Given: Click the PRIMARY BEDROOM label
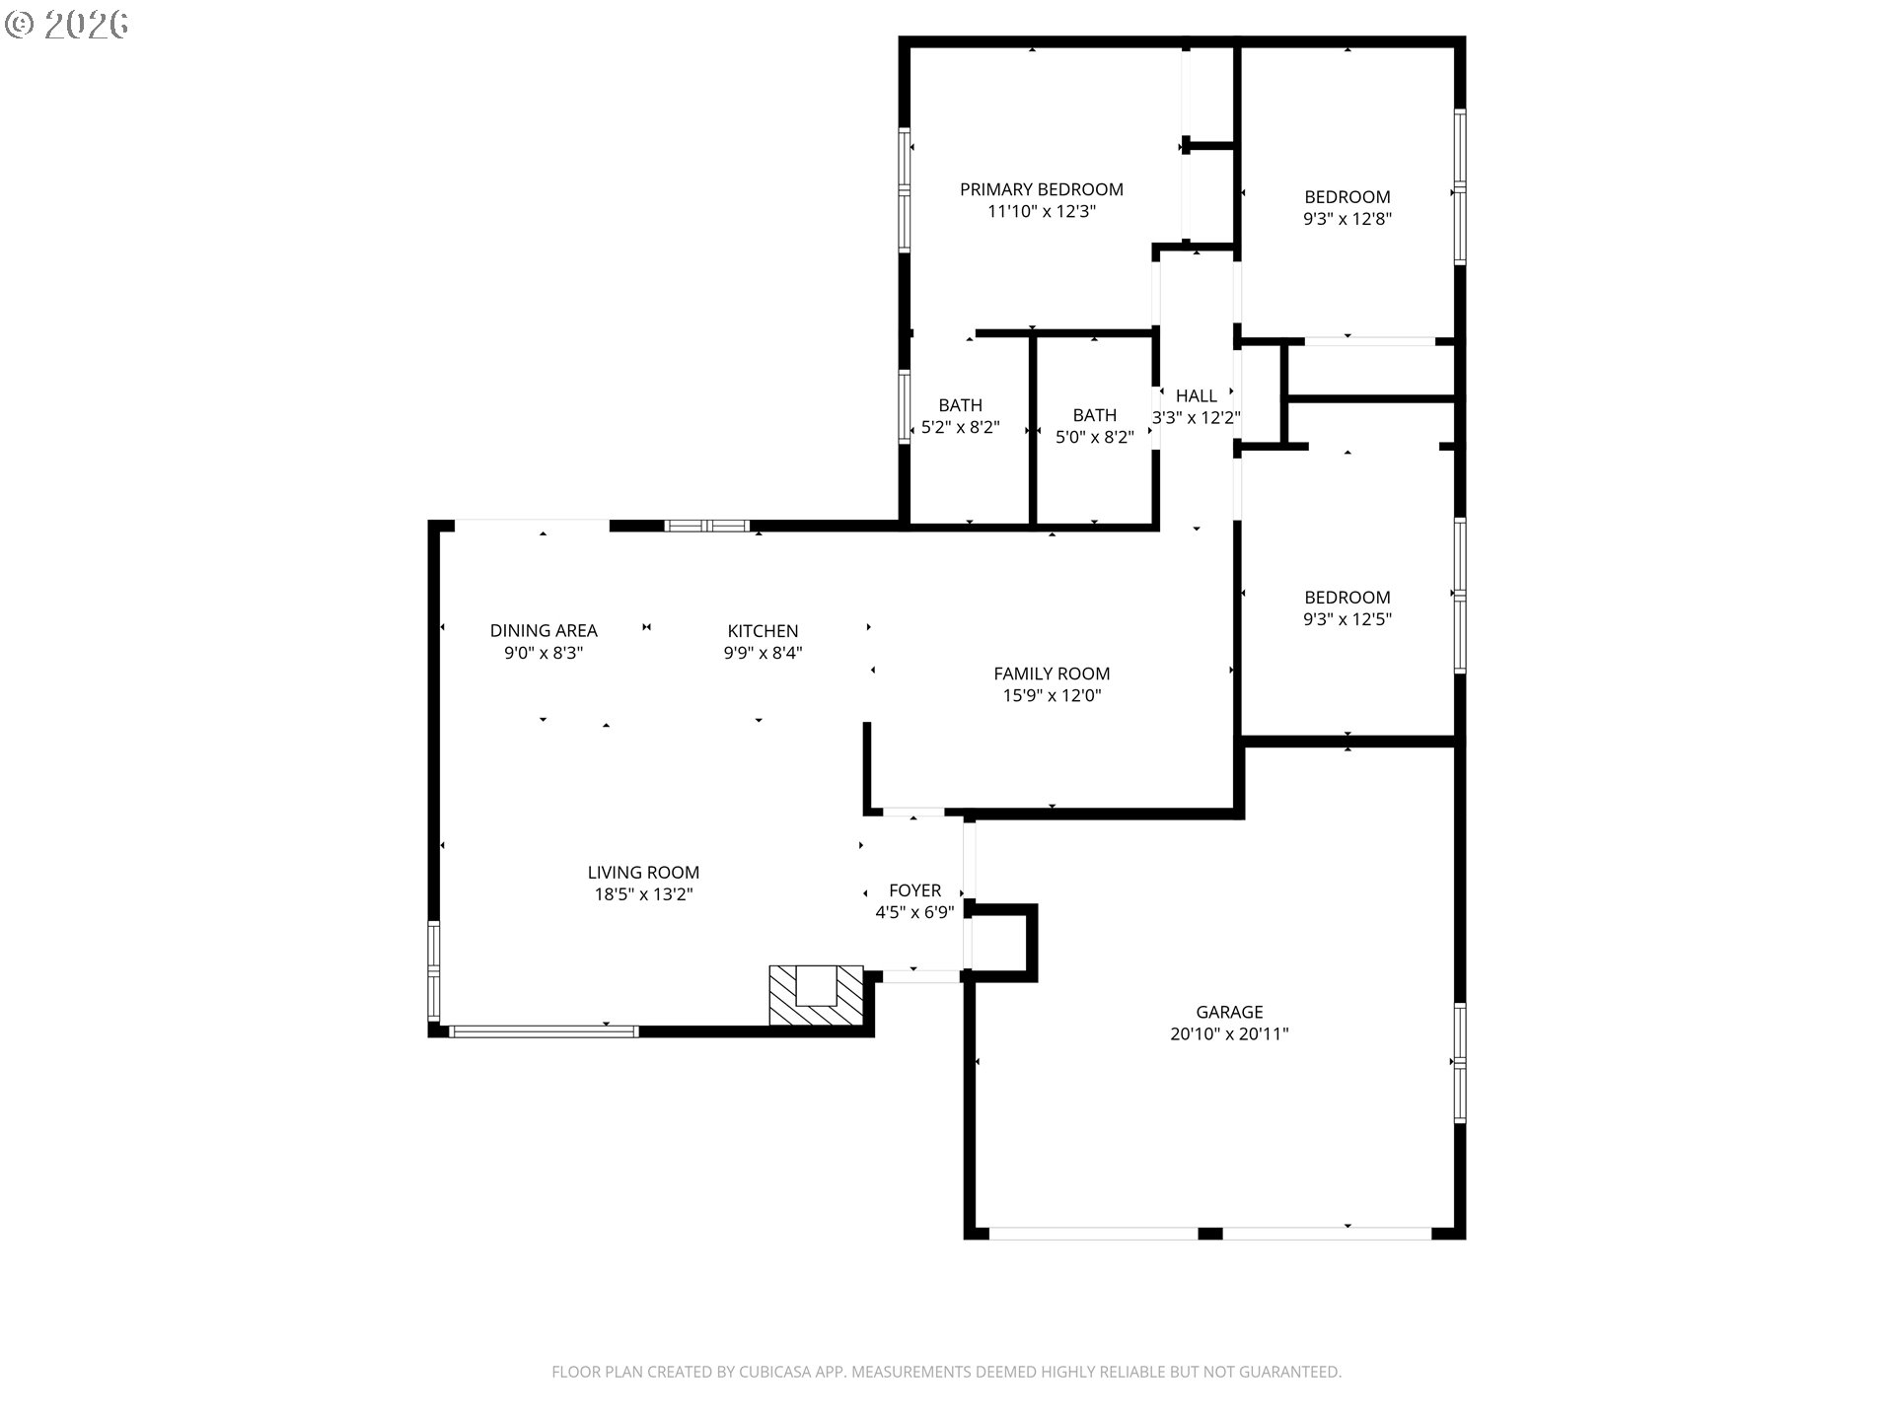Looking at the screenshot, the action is pyautogui.click(x=1042, y=189).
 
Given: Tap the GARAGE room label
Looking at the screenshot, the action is pyautogui.click(x=1229, y=1012).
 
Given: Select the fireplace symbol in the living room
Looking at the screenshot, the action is pyautogui.click(x=817, y=996).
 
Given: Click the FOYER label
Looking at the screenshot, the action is pyautogui.click(x=915, y=890).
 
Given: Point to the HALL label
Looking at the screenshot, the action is pyautogui.click(x=1197, y=395).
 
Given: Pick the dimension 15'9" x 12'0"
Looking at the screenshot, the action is pyautogui.click(x=1052, y=696).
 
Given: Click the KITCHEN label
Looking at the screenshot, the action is pyautogui.click(x=763, y=631).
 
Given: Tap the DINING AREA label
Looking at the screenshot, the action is pyautogui.click(x=544, y=631).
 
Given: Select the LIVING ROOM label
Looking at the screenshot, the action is pyautogui.click(x=643, y=873).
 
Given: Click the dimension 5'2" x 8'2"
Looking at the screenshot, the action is pyautogui.click(x=961, y=428).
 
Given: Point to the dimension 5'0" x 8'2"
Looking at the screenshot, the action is pyautogui.click(x=1095, y=437).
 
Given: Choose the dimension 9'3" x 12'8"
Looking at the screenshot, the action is pyautogui.click(x=1348, y=219).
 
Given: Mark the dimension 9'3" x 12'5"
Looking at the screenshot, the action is pyautogui.click(x=1348, y=619).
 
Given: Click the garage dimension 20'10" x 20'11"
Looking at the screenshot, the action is pyautogui.click(x=1229, y=1034).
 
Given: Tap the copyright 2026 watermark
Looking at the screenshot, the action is pyautogui.click(x=67, y=25).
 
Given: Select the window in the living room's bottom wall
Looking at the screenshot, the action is pyautogui.click(x=544, y=1031).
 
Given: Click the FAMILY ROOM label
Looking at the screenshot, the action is pyautogui.click(x=1052, y=674).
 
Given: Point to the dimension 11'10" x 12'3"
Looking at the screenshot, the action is pyautogui.click(x=1042, y=211).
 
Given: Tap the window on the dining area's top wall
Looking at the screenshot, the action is pyautogui.click(x=707, y=526).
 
